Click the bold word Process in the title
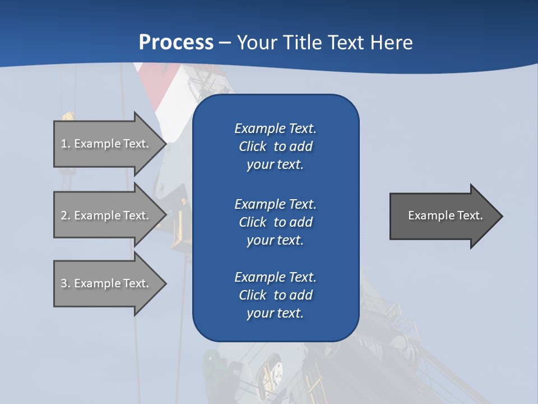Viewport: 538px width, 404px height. coord(176,43)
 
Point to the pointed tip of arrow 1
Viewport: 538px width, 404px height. coord(164,144)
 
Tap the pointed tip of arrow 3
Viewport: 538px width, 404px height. coord(164,284)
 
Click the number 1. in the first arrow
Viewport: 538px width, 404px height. coord(66,144)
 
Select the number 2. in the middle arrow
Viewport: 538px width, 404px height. coord(66,215)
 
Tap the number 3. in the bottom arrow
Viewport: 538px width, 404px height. coord(66,283)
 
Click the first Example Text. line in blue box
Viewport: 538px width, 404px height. coord(275,128)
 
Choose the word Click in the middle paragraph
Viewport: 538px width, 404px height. coord(253,222)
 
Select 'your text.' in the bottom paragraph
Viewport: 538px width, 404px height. coord(275,313)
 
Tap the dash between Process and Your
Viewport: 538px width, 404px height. coord(225,43)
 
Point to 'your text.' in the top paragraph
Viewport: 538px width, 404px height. coord(275,164)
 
